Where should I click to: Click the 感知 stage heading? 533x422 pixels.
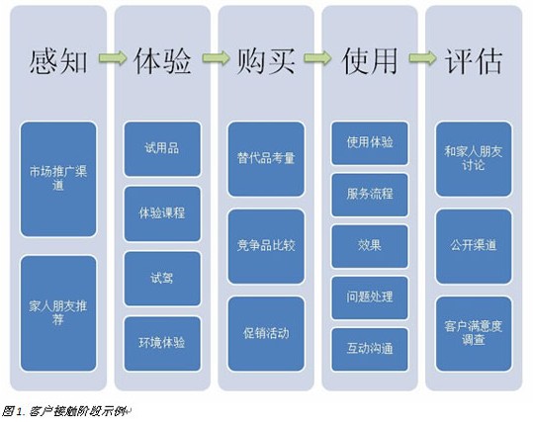click(x=58, y=61)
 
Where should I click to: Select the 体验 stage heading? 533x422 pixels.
click(x=162, y=61)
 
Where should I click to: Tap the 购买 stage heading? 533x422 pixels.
click(x=266, y=61)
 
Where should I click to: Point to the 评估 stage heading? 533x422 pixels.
click(x=473, y=61)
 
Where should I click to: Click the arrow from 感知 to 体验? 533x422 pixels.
click(x=113, y=57)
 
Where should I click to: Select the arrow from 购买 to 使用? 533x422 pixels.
click(x=317, y=57)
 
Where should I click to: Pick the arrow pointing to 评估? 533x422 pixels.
click(x=422, y=57)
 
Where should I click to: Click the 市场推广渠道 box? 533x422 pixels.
click(x=58, y=179)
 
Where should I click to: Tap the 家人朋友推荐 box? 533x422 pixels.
click(x=58, y=313)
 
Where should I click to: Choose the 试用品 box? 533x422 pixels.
click(x=162, y=149)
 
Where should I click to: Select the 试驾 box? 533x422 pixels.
click(x=162, y=279)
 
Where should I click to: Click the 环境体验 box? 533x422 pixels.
click(x=162, y=344)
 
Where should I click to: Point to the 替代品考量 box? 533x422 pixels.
click(x=266, y=159)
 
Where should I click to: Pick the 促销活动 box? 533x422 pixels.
click(x=266, y=334)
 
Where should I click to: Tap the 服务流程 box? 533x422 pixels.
click(x=370, y=195)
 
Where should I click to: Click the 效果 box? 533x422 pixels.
click(x=370, y=246)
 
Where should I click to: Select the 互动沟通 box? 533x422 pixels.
click(x=370, y=349)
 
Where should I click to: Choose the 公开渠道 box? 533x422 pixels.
click(x=474, y=246)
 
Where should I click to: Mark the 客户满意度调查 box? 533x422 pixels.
click(x=474, y=334)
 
